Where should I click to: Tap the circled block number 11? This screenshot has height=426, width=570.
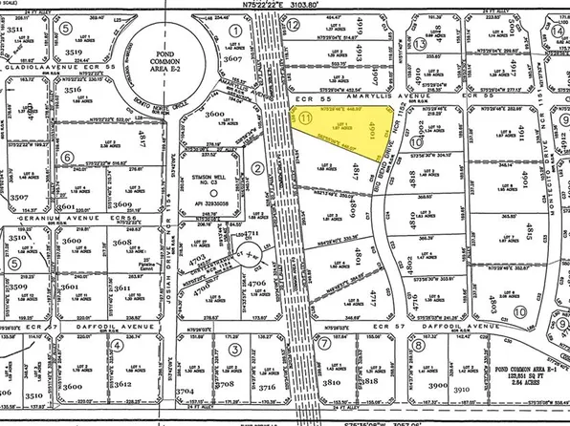(x=305, y=118)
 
